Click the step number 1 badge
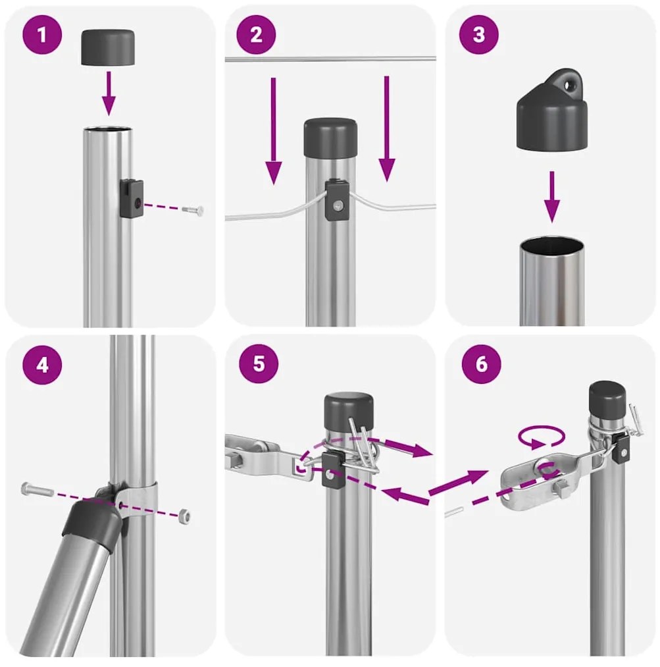[43, 35]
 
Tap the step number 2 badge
[257, 35]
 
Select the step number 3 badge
[478, 35]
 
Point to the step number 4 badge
[43, 364]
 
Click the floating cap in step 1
[108, 47]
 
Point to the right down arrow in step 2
[387, 128]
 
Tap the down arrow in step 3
[552, 196]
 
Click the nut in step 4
[186, 516]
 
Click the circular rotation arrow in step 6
[541, 436]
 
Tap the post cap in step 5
[348, 413]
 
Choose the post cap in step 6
[607, 397]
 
